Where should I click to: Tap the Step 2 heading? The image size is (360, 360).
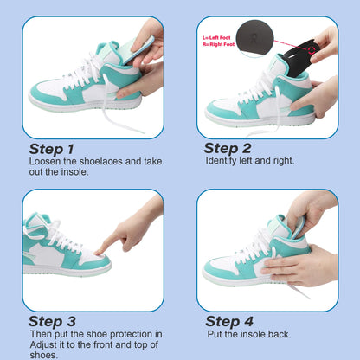[228, 148]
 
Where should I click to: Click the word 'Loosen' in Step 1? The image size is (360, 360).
[45, 162]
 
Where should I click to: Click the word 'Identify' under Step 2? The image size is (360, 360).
[223, 161]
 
